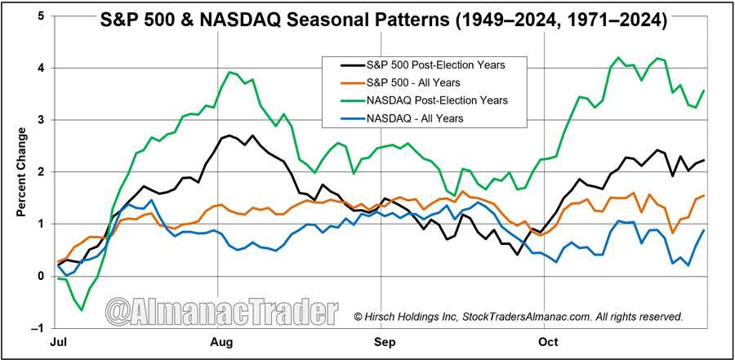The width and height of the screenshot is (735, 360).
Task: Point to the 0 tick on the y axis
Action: (42, 276)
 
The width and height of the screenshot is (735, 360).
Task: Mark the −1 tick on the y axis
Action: (38, 328)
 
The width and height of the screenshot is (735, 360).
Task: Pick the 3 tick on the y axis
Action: (42, 120)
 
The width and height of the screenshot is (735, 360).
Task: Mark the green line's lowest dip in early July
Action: (81, 309)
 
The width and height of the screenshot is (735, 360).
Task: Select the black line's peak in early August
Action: (229, 136)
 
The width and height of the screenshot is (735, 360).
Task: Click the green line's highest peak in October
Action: (617, 58)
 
